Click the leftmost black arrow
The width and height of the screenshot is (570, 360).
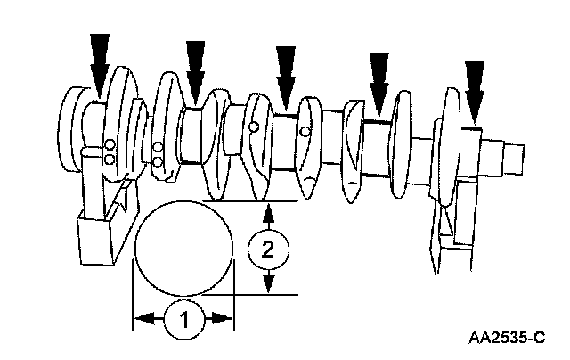100,62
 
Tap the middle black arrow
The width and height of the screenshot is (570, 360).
285,73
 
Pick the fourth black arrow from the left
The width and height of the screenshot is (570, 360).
380,78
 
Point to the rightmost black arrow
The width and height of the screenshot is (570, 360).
476,87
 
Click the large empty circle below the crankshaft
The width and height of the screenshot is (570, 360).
183,249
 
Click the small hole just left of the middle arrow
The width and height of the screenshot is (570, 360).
255,127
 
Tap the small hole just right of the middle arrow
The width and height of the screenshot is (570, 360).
305,133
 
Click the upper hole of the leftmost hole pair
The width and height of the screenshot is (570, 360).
109,145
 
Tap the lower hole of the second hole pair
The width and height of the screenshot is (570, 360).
158,161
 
